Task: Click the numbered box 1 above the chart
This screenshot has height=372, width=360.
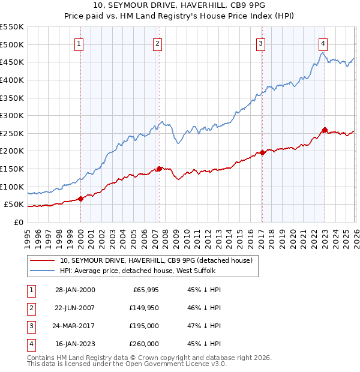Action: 80,43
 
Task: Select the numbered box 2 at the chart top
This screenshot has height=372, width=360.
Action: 157,43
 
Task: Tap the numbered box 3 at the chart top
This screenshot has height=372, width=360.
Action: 262,43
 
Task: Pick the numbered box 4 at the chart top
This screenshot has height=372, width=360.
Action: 323,43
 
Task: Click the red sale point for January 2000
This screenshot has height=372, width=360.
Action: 80,199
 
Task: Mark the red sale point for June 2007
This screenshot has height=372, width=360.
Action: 159,169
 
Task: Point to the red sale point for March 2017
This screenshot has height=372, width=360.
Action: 262,152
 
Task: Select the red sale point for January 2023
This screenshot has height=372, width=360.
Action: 325,130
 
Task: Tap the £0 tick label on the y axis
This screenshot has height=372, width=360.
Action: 18,222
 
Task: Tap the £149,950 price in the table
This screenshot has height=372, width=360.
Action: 144,308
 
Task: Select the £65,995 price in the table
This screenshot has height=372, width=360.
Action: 146,290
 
